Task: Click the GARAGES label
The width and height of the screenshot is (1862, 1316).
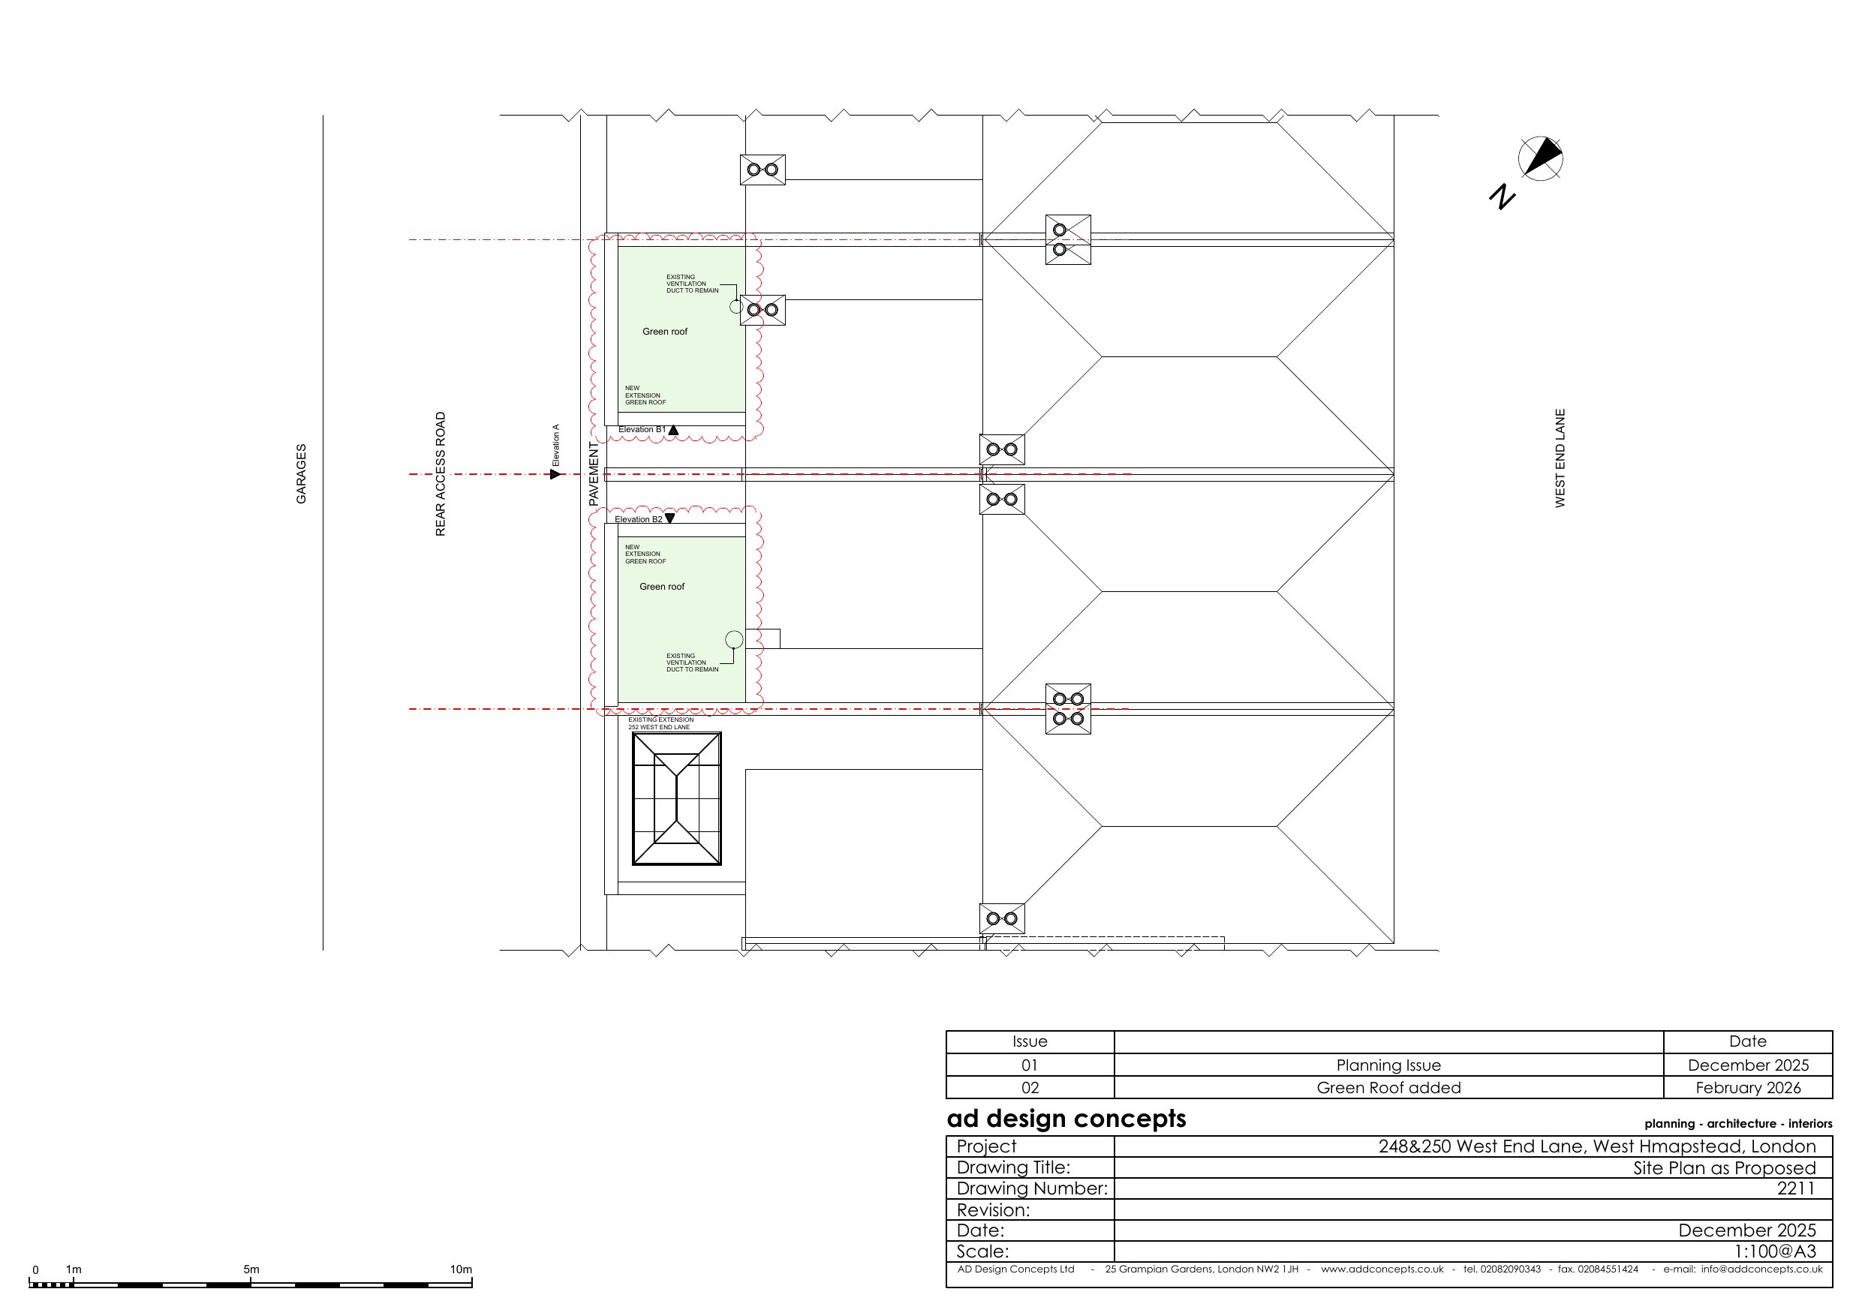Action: click(x=301, y=473)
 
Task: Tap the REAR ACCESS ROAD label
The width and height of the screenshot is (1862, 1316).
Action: click(x=441, y=474)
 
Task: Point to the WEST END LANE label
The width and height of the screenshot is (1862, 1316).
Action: click(x=1560, y=458)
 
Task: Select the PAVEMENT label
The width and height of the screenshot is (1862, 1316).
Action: click(x=593, y=474)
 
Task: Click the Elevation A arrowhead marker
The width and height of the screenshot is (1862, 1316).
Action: click(x=555, y=473)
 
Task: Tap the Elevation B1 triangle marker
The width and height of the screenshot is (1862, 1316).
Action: click(x=673, y=430)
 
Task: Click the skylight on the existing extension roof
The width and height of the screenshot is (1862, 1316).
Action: click(x=676, y=799)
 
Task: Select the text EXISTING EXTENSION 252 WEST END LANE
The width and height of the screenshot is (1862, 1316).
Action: click(x=661, y=723)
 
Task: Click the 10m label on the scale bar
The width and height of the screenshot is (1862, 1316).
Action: click(x=461, y=1269)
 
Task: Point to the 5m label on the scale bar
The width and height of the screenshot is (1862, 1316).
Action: click(x=251, y=1269)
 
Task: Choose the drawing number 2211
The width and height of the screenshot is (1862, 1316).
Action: click(x=1796, y=1188)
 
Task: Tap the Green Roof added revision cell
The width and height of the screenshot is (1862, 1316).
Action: click(x=1388, y=1087)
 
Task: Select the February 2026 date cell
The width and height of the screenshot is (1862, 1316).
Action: click(x=1748, y=1087)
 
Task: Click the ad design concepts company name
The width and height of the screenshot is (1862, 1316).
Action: click(x=1066, y=1119)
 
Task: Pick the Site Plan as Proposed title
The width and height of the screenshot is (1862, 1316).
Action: click(x=1724, y=1167)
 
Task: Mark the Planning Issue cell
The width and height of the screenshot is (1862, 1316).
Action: click(x=1388, y=1065)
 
